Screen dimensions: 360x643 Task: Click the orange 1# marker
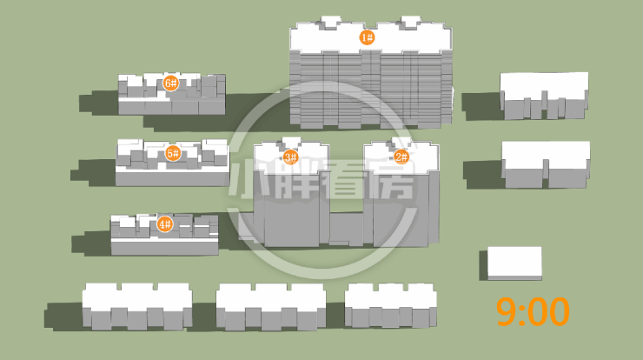click(366, 37)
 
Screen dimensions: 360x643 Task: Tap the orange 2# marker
click(401, 157)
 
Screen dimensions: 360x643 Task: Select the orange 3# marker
click(290, 157)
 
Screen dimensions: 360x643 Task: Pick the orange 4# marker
click(164, 224)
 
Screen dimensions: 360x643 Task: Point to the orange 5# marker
click(172, 154)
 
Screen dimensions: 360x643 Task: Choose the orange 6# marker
click(170, 83)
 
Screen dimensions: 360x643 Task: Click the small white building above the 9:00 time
click(514, 263)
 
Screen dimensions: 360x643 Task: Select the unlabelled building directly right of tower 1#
click(545, 94)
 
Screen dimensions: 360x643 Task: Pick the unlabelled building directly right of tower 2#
click(546, 163)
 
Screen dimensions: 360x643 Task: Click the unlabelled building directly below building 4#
click(137, 306)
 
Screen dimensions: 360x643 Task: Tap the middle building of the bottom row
click(270, 306)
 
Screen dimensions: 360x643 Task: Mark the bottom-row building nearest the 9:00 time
click(390, 305)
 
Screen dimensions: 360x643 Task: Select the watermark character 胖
click(297, 183)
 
